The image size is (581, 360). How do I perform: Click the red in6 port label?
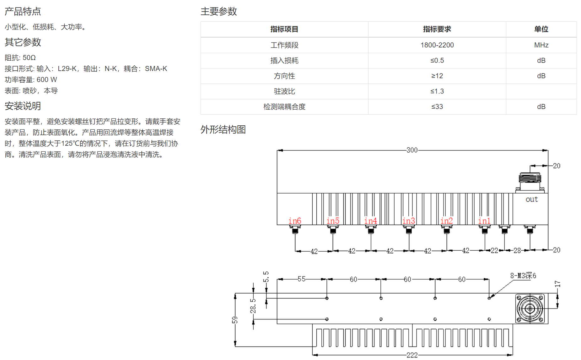(295, 221)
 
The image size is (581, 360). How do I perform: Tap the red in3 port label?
(409, 221)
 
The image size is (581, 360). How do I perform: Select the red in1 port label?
(484, 221)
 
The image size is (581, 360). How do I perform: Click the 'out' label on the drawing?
(532, 199)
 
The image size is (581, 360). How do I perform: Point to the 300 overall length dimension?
(412, 150)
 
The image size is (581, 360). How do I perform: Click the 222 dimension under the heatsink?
(412, 355)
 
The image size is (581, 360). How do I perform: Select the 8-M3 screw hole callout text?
(523, 275)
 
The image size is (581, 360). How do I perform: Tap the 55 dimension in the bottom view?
(301, 279)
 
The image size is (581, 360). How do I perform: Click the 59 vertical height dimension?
(235, 320)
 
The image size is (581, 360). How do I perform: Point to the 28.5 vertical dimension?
(253, 306)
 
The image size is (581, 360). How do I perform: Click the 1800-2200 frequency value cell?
(437, 45)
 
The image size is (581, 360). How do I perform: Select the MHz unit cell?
(541, 45)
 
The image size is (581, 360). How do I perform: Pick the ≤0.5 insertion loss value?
(437, 60)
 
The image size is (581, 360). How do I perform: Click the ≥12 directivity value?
(437, 76)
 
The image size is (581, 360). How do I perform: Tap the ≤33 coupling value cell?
(437, 106)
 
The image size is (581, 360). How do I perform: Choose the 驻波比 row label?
(284, 91)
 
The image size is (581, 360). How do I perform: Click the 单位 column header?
(541, 29)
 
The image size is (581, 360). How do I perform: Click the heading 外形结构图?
(223, 129)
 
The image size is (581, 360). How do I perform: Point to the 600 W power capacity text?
(47, 80)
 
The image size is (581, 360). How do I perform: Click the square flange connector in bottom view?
(530, 308)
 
